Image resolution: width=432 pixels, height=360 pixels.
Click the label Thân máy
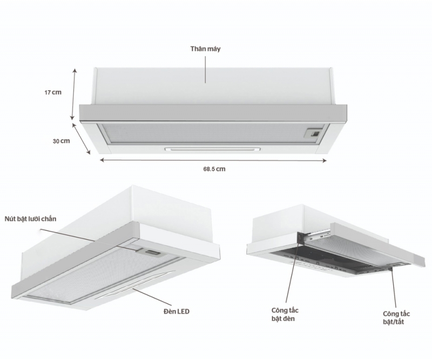pos(205,49)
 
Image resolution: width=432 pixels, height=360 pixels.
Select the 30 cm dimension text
pos(61,141)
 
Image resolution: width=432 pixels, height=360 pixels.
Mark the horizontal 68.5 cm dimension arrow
pos(213,160)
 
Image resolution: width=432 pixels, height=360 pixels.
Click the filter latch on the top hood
pos(314,131)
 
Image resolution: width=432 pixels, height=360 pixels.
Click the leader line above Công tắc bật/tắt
pos(393,286)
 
